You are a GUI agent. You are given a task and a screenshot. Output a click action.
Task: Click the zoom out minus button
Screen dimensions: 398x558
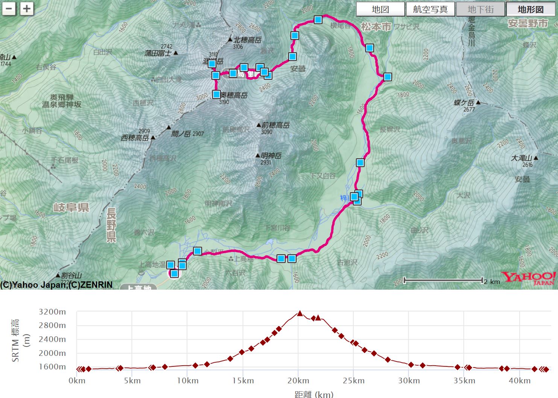tap(9, 9)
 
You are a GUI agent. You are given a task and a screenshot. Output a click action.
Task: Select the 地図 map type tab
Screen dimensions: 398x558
tap(380, 9)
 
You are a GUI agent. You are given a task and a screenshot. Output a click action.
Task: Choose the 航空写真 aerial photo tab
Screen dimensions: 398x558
tap(430, 9)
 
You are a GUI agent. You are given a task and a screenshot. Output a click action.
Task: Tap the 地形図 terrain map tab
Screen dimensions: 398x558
tap(531, 9)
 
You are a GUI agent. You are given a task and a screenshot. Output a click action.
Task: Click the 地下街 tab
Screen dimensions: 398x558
tap(480, 9)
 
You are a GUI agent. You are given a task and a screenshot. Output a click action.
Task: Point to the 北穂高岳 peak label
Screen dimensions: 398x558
tap(247, 40)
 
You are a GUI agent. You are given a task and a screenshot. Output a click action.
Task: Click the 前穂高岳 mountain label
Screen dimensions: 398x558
tap(275, 125)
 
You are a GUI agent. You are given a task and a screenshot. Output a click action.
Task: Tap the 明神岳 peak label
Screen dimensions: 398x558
tap(271, 156)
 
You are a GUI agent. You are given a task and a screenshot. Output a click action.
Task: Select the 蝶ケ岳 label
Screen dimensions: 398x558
tap(464, 103)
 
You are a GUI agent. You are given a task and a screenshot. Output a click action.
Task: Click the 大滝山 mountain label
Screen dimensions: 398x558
tap(522, 158)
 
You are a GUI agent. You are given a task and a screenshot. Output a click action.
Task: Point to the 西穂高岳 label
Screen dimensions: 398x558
tap(135, 138)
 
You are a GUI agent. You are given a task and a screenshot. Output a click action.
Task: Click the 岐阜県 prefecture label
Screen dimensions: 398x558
tap(71, 207)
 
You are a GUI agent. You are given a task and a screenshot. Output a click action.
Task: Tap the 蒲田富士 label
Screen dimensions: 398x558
tap(158, 53)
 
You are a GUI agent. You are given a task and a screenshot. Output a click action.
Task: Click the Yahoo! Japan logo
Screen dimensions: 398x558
tap(528, 278)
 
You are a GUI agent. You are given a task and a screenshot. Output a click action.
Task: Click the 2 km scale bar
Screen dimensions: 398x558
tap(443, 280)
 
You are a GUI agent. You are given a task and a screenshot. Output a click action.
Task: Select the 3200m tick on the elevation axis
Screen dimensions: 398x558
tap(52, 312)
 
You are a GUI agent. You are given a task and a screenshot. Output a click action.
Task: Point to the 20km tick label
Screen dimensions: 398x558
tap(298, 381)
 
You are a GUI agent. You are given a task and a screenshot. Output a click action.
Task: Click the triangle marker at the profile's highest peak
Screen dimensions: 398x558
tap(300, 313)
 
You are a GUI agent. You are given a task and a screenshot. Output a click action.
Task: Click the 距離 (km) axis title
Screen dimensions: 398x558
tap(314, 394)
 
